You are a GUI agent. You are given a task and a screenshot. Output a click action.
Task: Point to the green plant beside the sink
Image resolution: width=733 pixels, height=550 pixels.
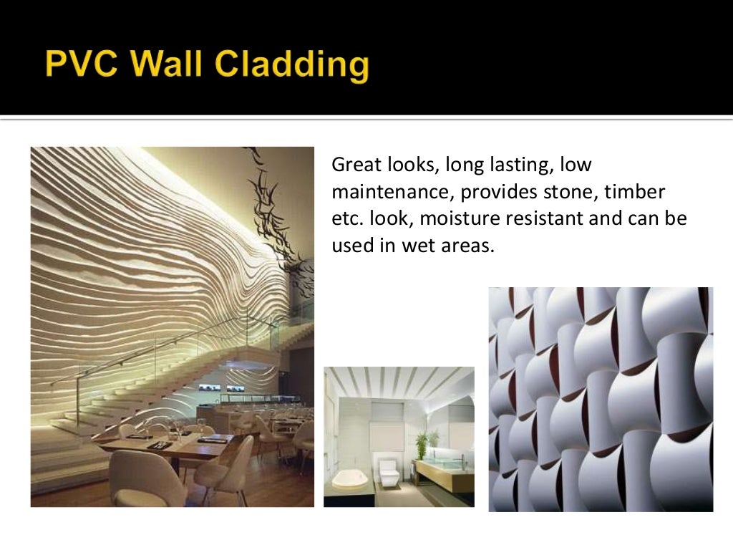click(x=432, y=440)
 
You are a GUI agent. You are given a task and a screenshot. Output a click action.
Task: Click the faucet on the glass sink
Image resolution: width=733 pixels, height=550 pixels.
click(x=462, y=459)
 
